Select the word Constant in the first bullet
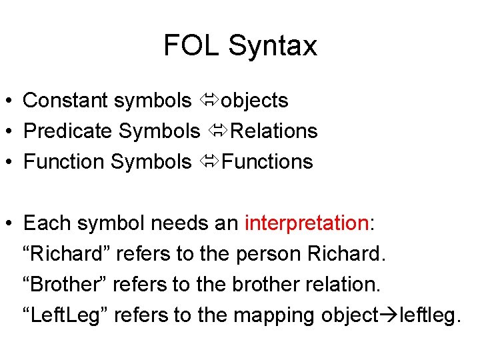point(65,101)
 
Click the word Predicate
point(67,131)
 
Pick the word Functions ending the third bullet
point(267,162)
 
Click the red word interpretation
point(307,223)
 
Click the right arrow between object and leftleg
point(389,315)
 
